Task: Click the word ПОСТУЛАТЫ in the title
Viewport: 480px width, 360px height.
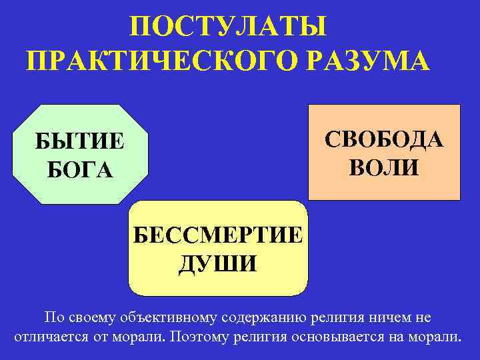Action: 229,28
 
